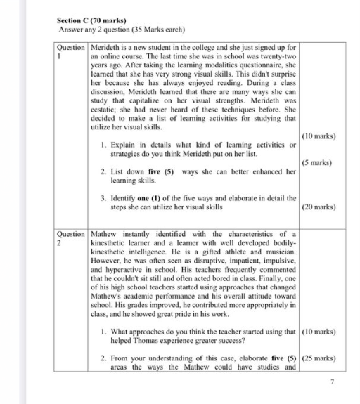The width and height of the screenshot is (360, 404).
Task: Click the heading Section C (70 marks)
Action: tap(88, 21)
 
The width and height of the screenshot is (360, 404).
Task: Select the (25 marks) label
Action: tap(319, 358)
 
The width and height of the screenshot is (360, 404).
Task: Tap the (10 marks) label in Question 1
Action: tap(319, 136)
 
